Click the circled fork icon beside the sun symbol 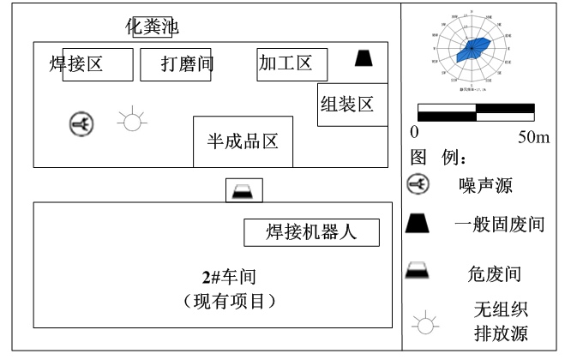click(x=81, y=124)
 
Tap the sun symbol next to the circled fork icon click(x=131, y=119)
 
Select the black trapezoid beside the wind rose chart click(x=363, y=58)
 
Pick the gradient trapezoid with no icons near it click(x=243, y=192)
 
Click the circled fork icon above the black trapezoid click(x=418, y=183)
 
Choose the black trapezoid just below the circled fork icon click(x=417, y=224)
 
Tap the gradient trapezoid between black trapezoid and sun click(x=417, y=270)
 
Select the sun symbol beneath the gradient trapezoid click(x=424, y=322)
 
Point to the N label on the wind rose click(x=471, y=11)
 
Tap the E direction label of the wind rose click(x=508, y=48)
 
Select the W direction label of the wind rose click(x=434, y=48)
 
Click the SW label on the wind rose click(x=445, y=73)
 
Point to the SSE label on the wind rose click(x=487, y=81)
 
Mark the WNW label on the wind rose click(x=436, y=35)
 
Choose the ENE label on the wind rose click(x=507, y=35)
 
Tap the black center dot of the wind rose click(x=471, y=48)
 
